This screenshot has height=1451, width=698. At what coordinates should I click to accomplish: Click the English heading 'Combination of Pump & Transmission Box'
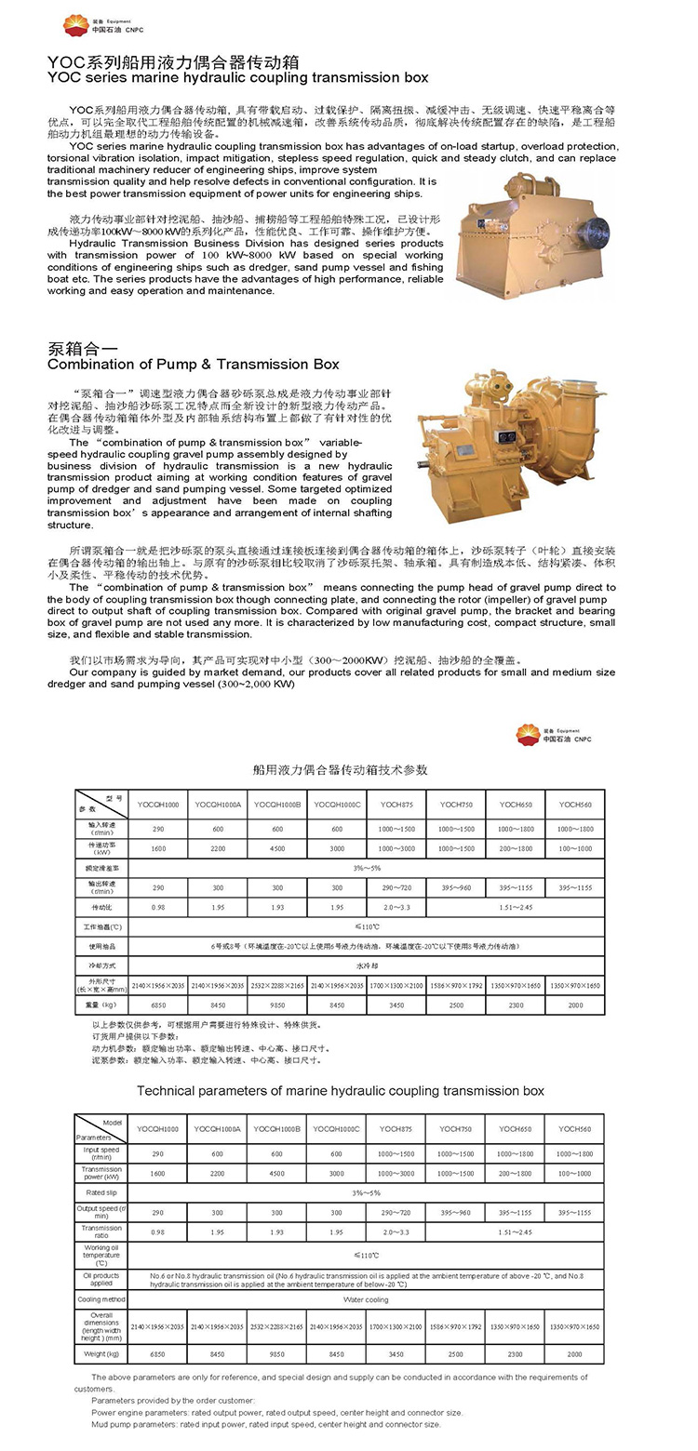[194, 365]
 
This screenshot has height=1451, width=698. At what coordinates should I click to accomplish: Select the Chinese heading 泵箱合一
[81, 348]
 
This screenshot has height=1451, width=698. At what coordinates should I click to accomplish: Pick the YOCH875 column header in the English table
[396, 1128]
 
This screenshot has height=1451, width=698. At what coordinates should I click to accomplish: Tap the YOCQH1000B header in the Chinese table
[276, 804]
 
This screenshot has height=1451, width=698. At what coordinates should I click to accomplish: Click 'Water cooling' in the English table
[366, 1299]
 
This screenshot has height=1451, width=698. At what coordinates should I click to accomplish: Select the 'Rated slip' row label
[101, 1191]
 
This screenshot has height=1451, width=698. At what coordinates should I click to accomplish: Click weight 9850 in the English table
[276, 1354]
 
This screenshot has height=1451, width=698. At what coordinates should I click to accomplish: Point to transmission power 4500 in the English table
[276, 1174]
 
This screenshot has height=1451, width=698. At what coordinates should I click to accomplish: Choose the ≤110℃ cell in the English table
[366, 1255]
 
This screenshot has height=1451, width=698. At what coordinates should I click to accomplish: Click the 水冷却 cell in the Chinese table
[366, 966]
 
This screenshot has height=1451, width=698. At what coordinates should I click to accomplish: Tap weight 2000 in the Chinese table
[575, 1005]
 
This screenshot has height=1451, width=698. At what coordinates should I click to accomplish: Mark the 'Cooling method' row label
[101, 1299]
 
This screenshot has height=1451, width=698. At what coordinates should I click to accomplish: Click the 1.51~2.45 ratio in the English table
[516, 1231]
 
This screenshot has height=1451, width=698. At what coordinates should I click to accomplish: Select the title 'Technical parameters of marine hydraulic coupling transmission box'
[340, 1090]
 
